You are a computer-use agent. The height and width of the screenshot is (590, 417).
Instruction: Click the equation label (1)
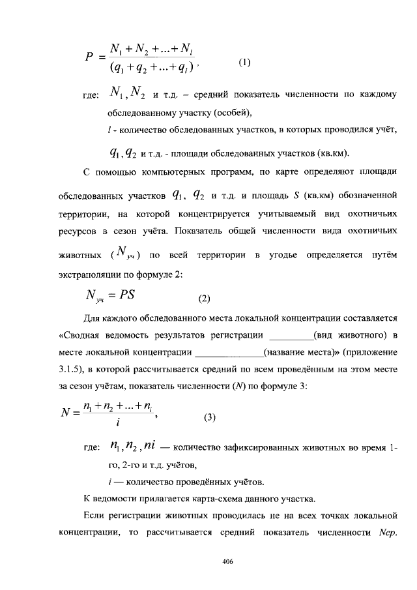(x=244, y=63)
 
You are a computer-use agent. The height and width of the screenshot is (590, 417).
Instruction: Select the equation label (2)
(x=205, y=299)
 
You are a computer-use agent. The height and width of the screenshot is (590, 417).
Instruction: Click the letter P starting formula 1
(x=91, y=57)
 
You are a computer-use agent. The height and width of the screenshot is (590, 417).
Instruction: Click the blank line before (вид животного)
(x=291, y=336)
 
